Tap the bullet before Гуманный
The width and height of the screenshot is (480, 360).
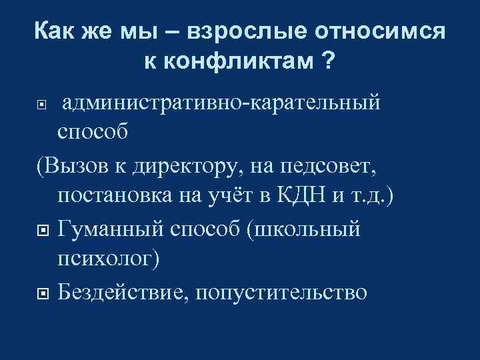click(42, 230)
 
